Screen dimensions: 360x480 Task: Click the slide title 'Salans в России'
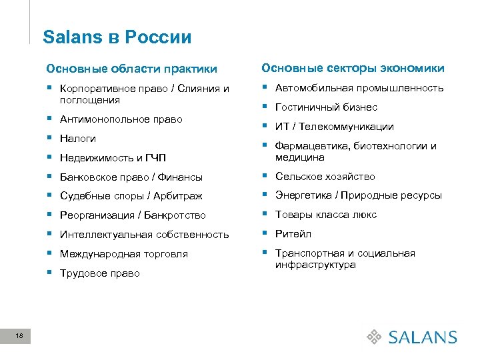coord(117,37)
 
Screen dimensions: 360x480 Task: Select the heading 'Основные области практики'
coord(131,69)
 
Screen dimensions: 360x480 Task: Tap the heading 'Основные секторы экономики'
coord(353,68)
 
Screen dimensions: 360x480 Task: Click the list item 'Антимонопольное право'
coord(121,119)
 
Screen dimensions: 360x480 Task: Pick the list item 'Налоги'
coord(78,139)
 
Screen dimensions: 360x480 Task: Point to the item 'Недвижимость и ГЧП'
coord(113,158)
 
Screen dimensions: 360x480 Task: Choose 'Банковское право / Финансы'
coord(131,177)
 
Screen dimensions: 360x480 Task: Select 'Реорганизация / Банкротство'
coord(133,215)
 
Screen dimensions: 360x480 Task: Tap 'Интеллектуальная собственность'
coord(144,235)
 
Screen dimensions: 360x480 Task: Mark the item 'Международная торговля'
coord(124,254)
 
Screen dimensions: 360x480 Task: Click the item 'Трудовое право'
coord(100,273)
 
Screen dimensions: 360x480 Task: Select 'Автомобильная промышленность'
coord(359,88)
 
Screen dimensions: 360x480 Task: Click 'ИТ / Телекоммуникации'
coord(335,127)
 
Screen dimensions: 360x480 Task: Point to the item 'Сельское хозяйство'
coord(325,177)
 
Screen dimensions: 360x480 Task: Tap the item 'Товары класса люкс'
coord(326,215)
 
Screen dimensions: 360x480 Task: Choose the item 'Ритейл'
coord(293,234)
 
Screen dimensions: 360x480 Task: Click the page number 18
coord(19,337)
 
